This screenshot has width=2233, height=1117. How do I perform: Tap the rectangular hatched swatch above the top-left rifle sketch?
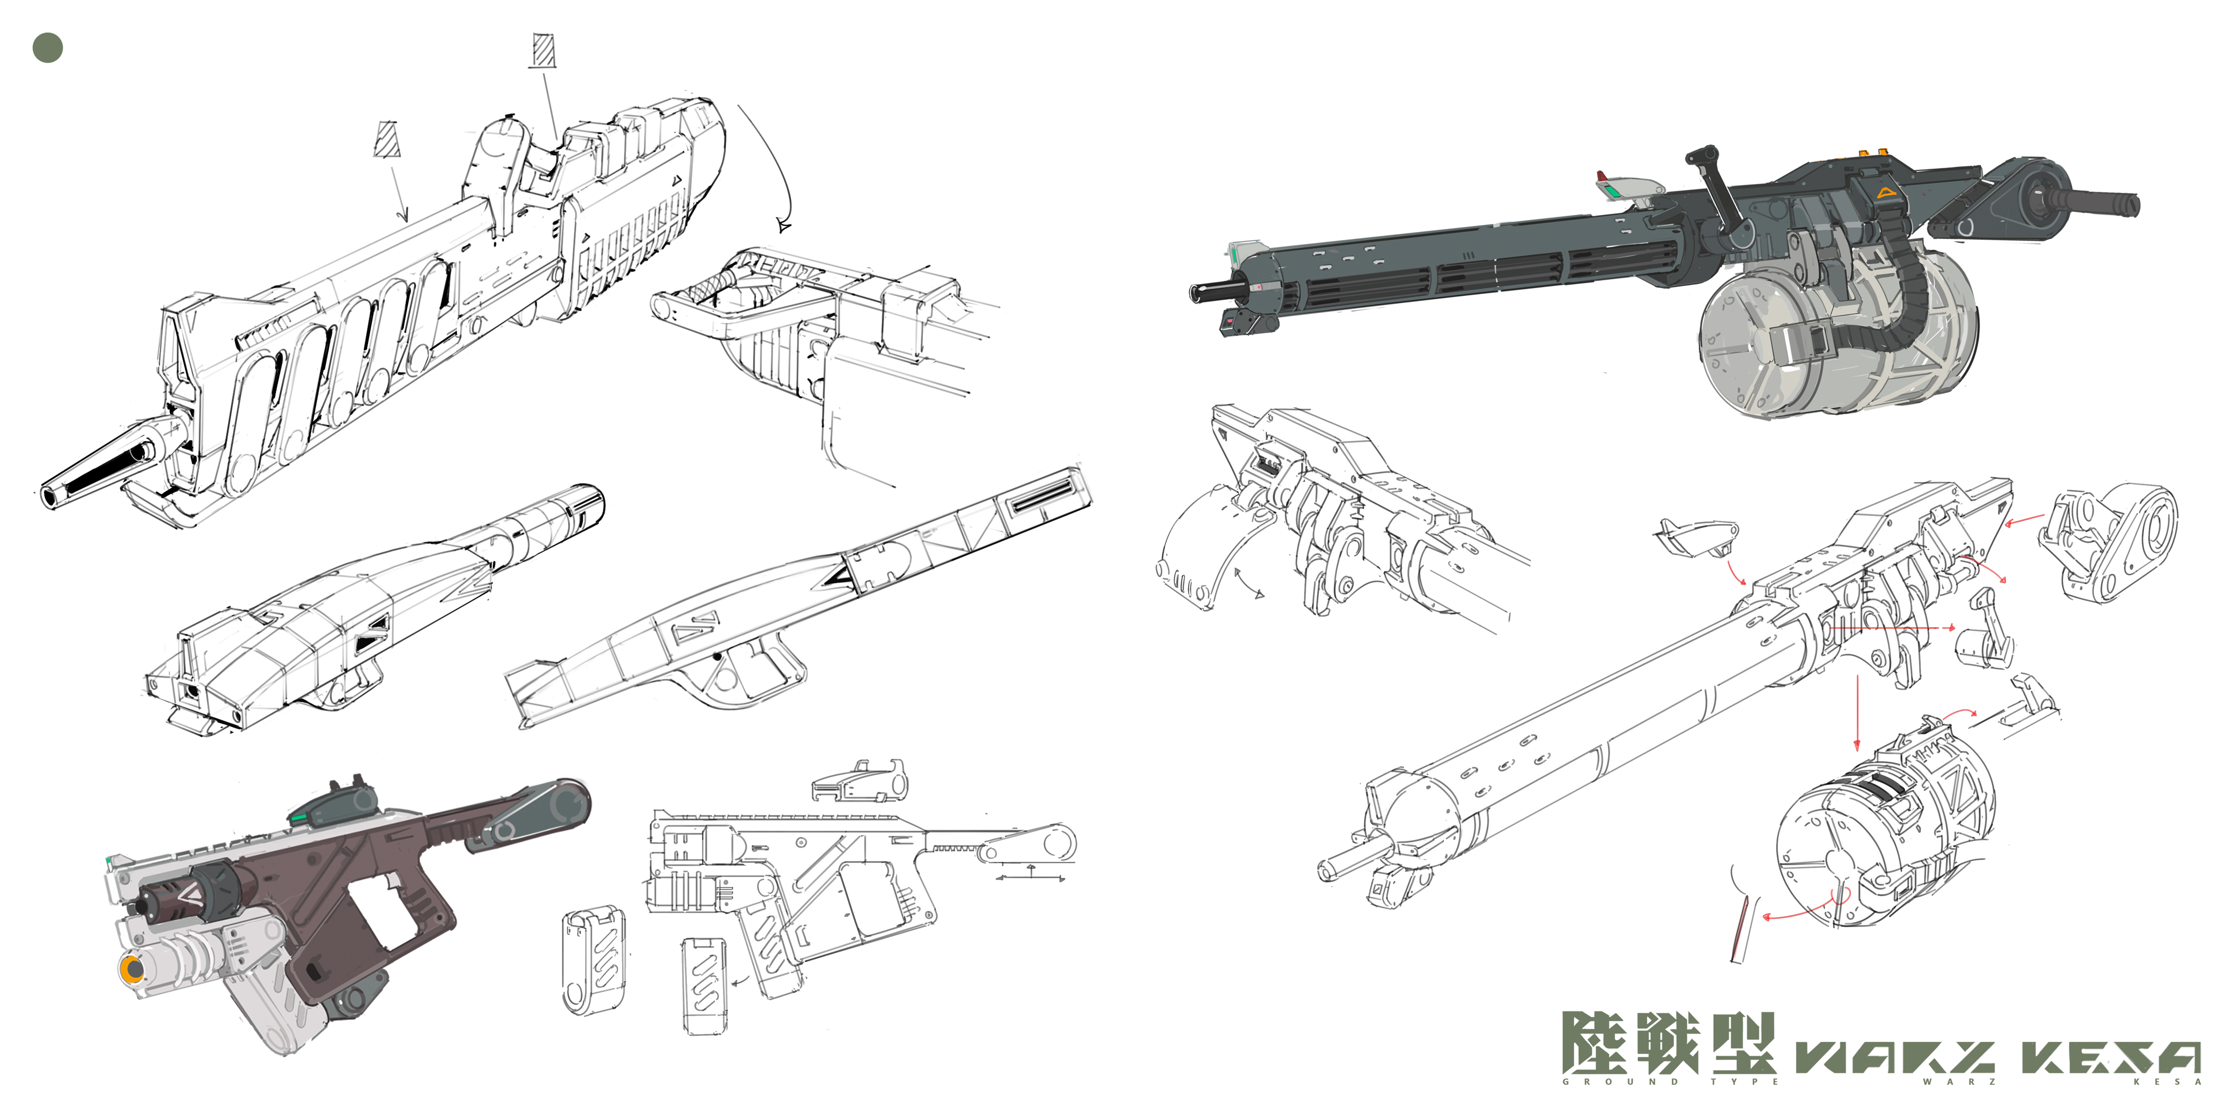(543, 50)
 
